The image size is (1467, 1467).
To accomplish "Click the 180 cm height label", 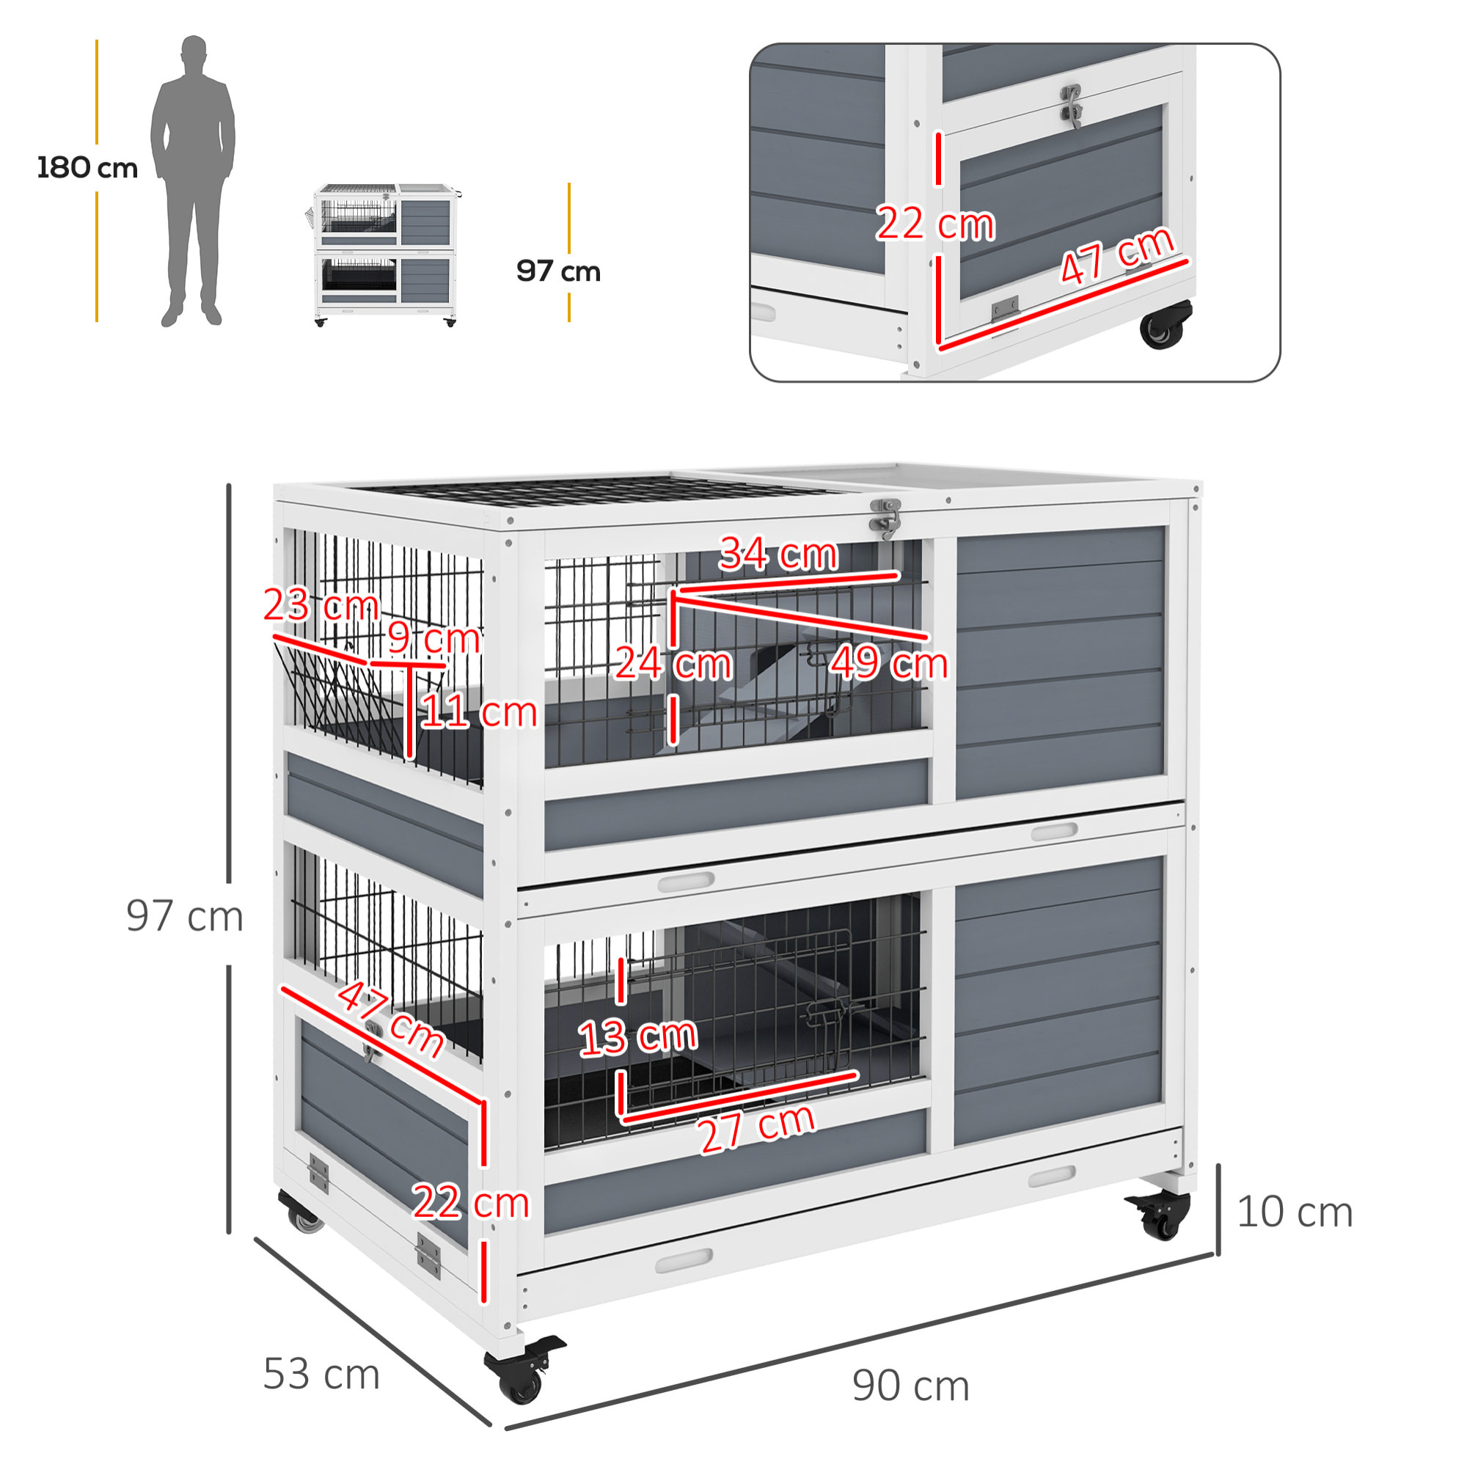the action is click(87, 168).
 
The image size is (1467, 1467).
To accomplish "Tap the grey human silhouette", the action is click(193, 180).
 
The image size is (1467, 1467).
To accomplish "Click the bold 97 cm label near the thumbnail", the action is click(558, 271).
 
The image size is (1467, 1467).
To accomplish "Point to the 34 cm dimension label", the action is click(778, 554).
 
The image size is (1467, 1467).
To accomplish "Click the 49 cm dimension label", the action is click(888, 662).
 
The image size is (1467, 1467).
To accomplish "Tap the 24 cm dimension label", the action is click(673, 663).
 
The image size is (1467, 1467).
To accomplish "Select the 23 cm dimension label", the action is click(321, 605).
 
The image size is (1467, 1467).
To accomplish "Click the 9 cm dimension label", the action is click(433, 637).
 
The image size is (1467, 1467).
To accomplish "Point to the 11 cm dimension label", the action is click(478, 712).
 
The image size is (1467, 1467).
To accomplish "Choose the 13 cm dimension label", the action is click(638, 1037).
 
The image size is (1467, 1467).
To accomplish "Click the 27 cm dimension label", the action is click(756, 1129).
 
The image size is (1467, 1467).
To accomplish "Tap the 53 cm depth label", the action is click(321, 1374).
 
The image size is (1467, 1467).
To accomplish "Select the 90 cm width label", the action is click(910, 1386).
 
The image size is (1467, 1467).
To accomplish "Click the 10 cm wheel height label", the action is click(1295, 1212).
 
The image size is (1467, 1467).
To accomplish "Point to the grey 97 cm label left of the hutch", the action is click(185, 915).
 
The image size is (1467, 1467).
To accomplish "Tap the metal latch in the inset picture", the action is click(1072, 106).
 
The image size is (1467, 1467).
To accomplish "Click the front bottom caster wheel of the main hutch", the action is click(524, 1372).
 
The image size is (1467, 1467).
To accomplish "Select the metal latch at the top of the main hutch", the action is click(885, 519).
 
